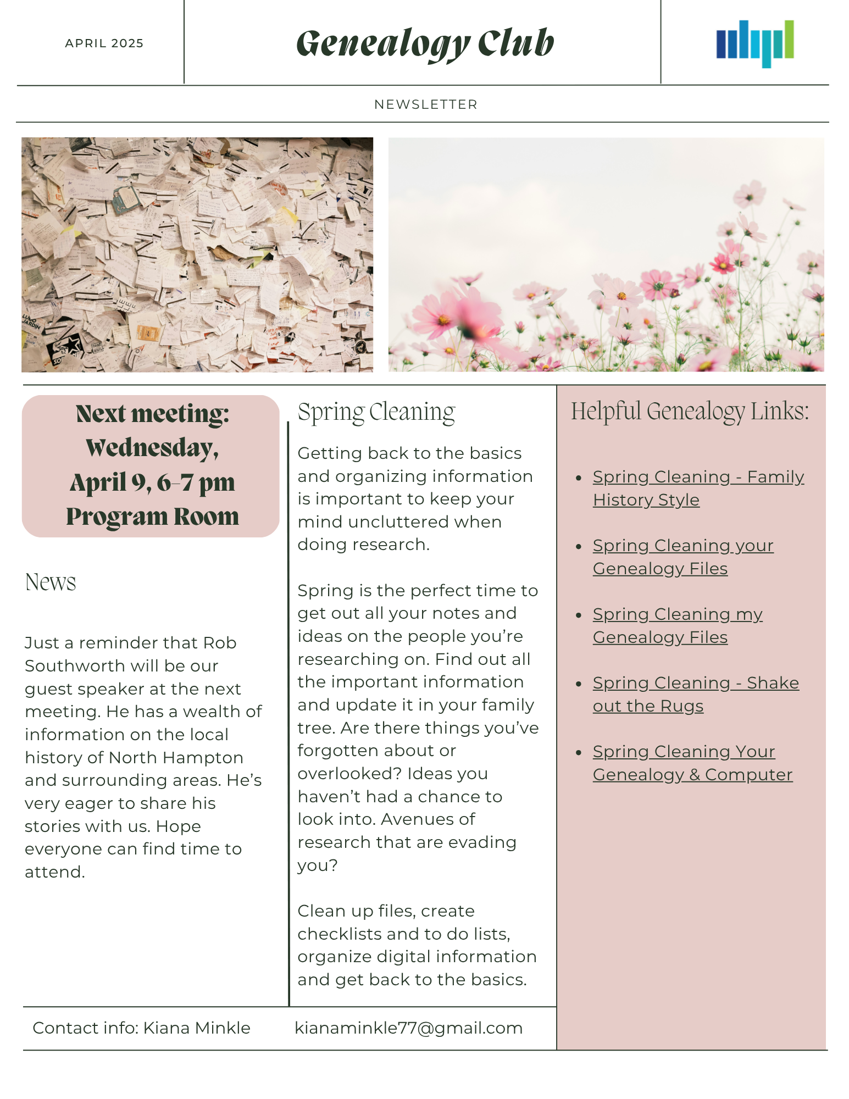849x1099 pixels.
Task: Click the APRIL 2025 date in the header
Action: coord(104,43)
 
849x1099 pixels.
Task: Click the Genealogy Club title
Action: coord(425,43)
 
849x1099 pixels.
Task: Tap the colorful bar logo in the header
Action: coord(754,43)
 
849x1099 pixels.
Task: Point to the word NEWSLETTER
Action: coord(426,104)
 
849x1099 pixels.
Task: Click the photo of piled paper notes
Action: coord(197,255)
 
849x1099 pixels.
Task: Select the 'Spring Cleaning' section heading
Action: coord(376,412)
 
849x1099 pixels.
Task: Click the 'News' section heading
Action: coord(51,582)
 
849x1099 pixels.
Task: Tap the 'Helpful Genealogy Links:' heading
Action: coord(690,411)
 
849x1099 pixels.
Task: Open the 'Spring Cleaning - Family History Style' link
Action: coord(698,489)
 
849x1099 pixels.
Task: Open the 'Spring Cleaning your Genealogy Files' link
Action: coord(682,557)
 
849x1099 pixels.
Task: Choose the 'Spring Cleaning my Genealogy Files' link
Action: coord(677,626)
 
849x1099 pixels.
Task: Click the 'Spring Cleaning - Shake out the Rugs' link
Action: coord(695,695)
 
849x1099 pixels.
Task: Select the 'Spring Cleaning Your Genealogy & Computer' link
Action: coord(692,763)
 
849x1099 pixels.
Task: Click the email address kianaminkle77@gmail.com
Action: coord(408,1028)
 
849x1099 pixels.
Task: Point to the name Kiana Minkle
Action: coord(197,1028)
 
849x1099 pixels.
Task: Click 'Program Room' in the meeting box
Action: coord(152,517)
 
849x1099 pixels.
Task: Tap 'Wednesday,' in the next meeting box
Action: coord(152,448)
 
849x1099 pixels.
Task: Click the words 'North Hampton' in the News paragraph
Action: coord(176,758)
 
